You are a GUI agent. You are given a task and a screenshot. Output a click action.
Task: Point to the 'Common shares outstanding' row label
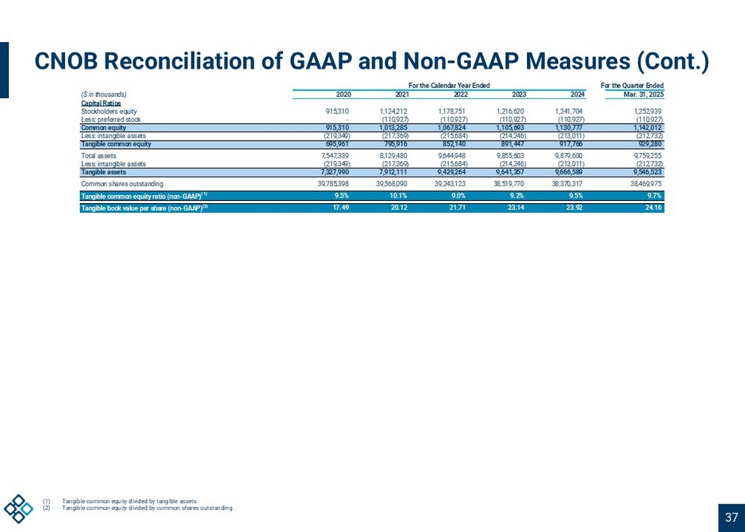pos(122,183)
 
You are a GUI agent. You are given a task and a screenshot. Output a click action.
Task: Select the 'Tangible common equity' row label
pos(116,144)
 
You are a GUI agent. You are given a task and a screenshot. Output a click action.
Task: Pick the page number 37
pos(731,518)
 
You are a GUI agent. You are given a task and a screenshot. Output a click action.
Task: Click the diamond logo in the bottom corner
pos(18,508)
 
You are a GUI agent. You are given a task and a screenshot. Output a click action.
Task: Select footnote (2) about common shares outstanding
pos(146,508)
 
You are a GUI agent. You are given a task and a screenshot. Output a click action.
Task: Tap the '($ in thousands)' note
pos(104,94)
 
